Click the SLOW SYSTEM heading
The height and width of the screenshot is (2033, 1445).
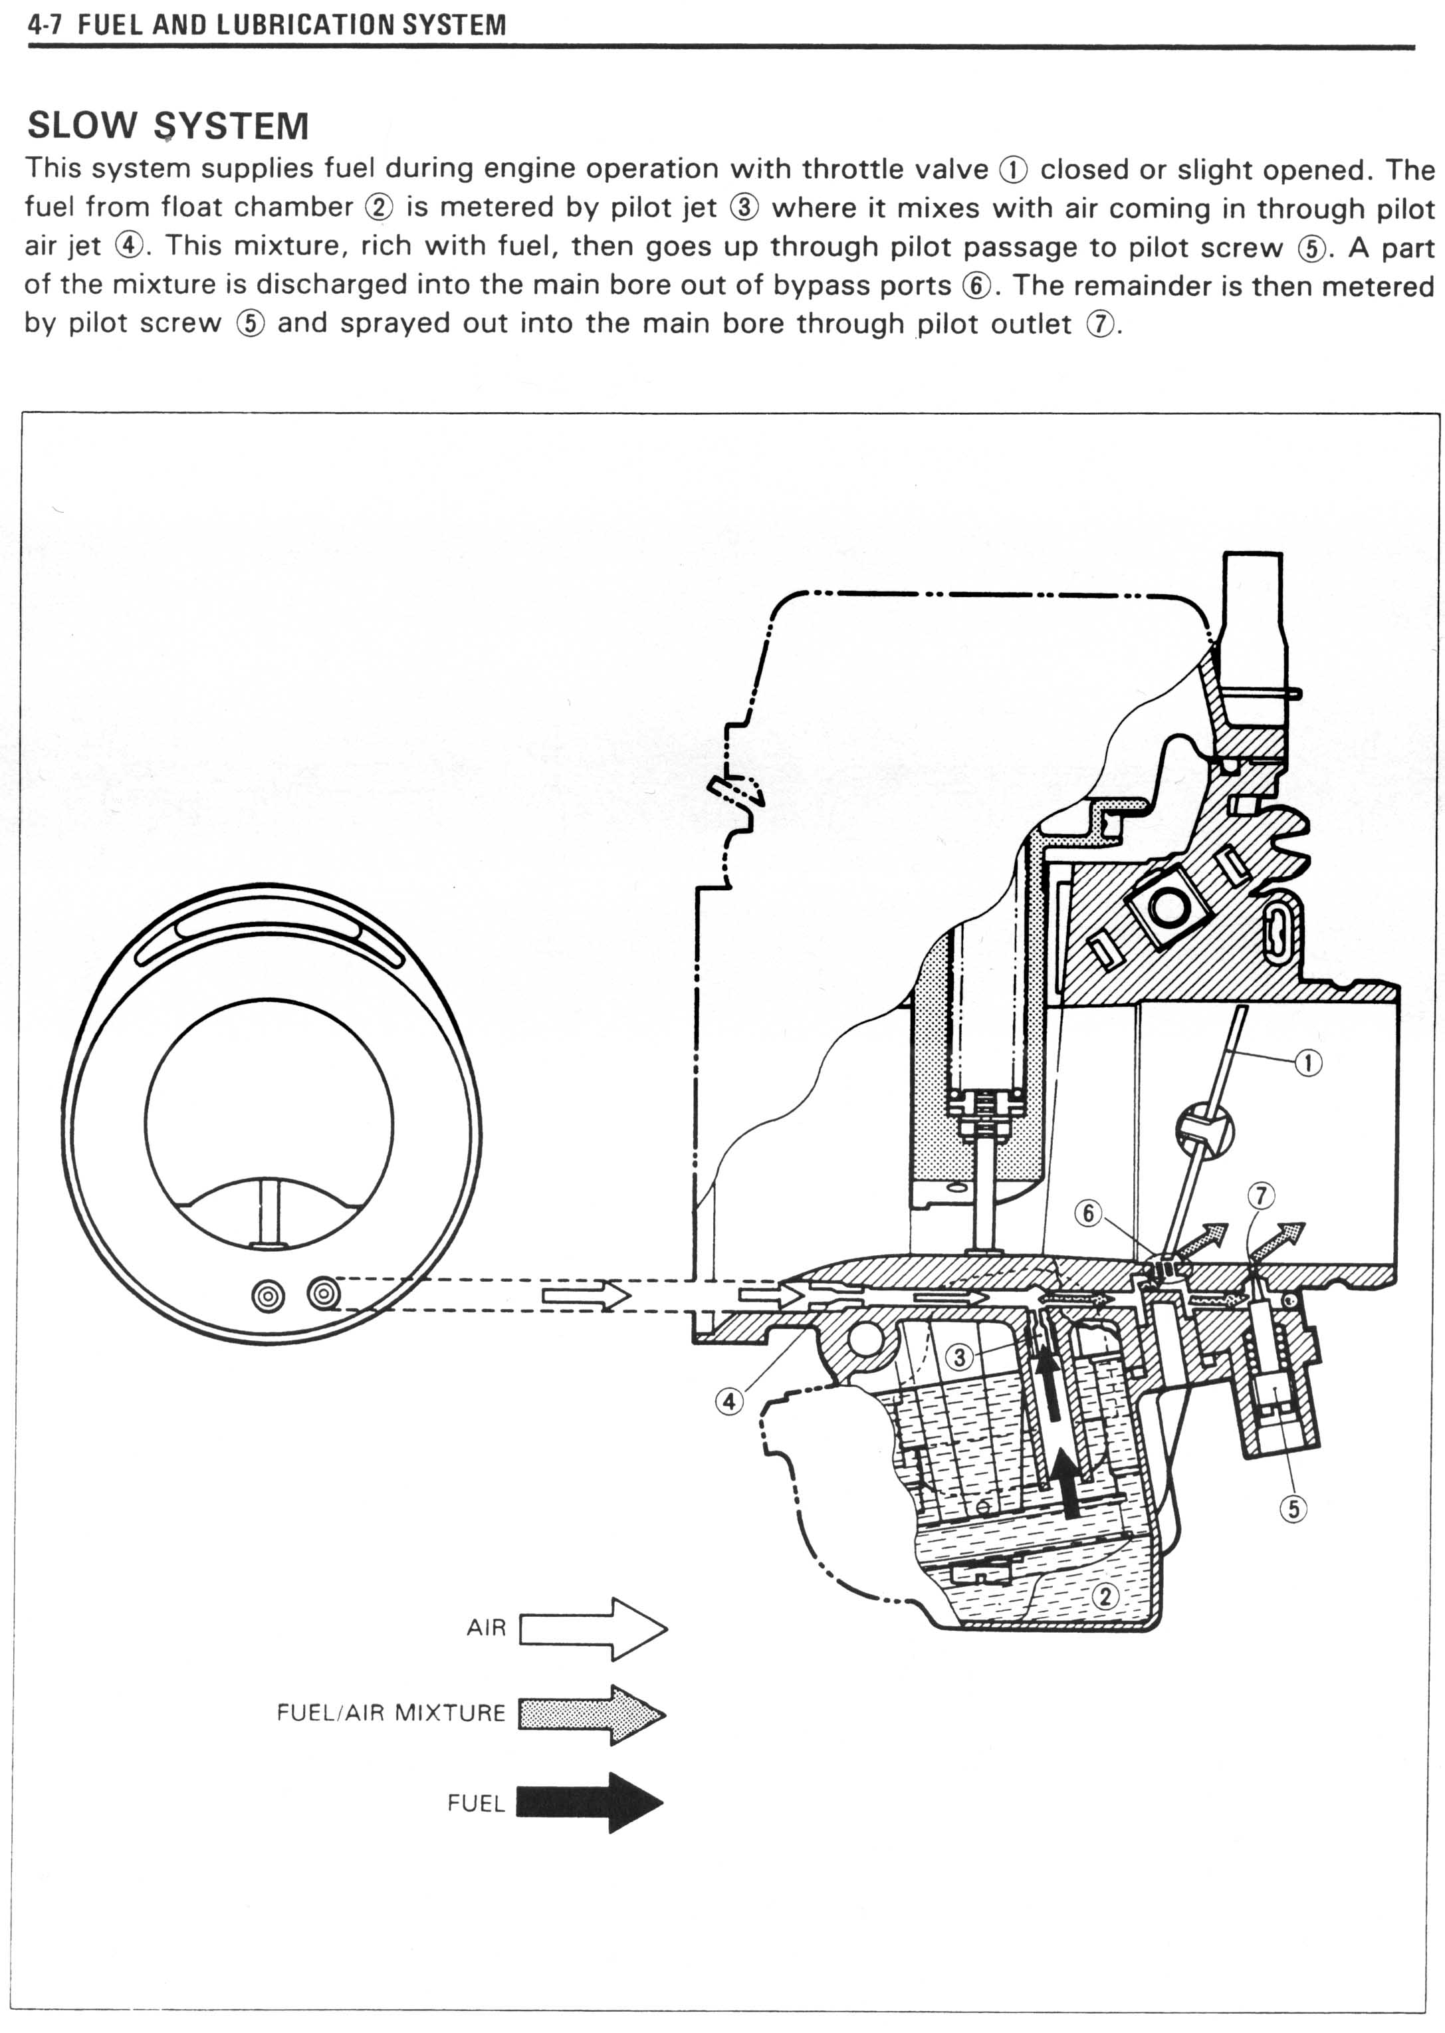(x=168, y=126)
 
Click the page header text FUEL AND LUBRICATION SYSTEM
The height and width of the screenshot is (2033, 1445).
(x=292, y=25)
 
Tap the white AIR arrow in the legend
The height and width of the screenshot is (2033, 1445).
(x=594, y=1629)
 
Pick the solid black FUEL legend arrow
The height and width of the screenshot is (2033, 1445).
(x=591, y=1802)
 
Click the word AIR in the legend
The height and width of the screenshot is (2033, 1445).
(x=486, y=1628)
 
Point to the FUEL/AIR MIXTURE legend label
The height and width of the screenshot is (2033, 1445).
(x=391, y=1713)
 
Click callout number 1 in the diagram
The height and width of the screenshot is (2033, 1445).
(x=1307, y=1062)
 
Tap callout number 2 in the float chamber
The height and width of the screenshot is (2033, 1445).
(x=1105, y=1596)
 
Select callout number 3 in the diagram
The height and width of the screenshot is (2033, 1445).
(x=958, y=1358)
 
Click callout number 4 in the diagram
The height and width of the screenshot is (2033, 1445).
(x=730, y=1401)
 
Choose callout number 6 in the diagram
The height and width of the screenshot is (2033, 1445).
(x=1088, y=1213)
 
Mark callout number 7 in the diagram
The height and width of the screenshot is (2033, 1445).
(x=1261, y=1195)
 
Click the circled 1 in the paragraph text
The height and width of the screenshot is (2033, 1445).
(x=1014, y=169)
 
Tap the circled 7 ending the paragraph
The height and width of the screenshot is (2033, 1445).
(x=1100, y=324)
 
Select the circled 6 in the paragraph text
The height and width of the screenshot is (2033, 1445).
(x=976, y=286)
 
